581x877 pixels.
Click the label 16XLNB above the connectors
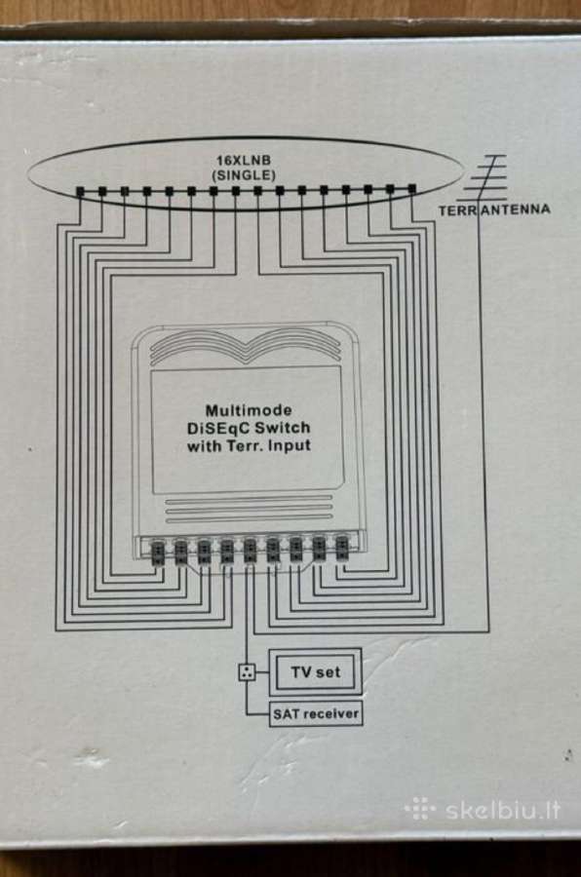[x=244, y=161]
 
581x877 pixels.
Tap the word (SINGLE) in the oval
[x=244, y=175]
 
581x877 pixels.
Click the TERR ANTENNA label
[x=494, y=210]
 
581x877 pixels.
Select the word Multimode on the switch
[x=249, y=410]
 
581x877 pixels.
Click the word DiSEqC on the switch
[x=216, y=429]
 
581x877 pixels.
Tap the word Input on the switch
[x=290, y=445]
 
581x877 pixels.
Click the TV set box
[x=315, y=671]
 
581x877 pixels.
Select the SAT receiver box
[x=316, y=713]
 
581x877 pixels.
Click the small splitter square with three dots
[x=247, y=671]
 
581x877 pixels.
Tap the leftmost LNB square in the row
[x=80, y=192]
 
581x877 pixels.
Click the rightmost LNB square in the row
[x=412, y=189]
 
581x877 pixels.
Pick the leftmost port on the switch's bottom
[x=158, y=550]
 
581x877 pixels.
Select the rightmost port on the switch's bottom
[x=341, y=547]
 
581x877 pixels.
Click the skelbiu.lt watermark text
[x=503, y=810]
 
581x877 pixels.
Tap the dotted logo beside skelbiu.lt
[x=420, y=809]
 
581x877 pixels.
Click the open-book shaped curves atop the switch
[x=246, y=347]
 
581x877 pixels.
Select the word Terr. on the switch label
[x=246, y=446]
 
